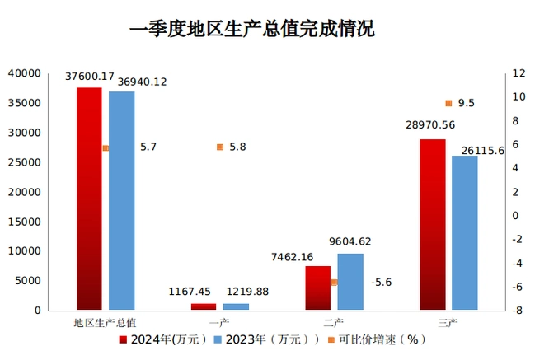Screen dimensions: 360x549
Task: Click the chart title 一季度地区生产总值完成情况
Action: (x=252, y=30)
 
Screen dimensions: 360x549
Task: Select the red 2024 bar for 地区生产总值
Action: (x=89, y=199)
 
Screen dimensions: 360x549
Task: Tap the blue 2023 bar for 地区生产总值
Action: (x=121, y=201)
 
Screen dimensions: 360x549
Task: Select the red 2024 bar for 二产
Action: (x=317, y=288)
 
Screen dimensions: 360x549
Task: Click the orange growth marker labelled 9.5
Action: (x=448, y=103)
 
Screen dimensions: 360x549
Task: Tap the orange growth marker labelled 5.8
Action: (x=220, y=147)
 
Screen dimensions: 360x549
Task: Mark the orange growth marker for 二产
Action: (x=335, y=282)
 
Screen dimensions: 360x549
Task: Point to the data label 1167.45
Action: (x=190, y=292)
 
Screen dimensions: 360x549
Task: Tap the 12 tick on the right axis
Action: (x=518, y=74)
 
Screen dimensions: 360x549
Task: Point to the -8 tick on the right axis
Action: (x=517, y=311)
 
